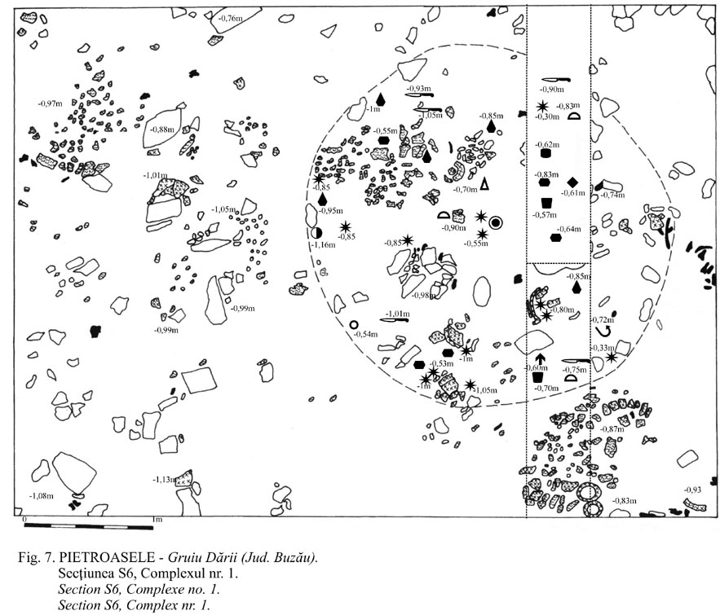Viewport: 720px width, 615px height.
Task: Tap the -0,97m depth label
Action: pyautogui.click(x=51, y=103)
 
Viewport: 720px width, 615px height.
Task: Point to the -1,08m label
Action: pyautogui.click(x=41, y=495)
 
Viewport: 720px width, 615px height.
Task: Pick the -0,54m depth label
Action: pyautogui.click(x=365, y=335)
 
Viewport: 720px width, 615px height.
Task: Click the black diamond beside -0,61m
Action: pyautogui.click(x=572, y=181)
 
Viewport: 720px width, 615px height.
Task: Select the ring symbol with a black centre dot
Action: pyautogui.click(x=497, y=221)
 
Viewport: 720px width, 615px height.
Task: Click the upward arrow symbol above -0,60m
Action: pyautogui.click(x=540, y=359)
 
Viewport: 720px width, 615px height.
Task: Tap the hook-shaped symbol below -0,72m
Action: pyautogui.click(x=604, y=332)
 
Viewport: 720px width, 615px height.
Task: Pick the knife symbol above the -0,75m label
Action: pyautogui.click(x=576, y=359)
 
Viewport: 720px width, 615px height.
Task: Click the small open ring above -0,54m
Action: pyautogui.click(x=354, y=325)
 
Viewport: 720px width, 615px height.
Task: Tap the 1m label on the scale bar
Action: pyautogui.click(x=155, y=519)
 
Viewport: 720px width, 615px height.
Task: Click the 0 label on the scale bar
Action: pyautogui.click(x=26, y=519)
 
